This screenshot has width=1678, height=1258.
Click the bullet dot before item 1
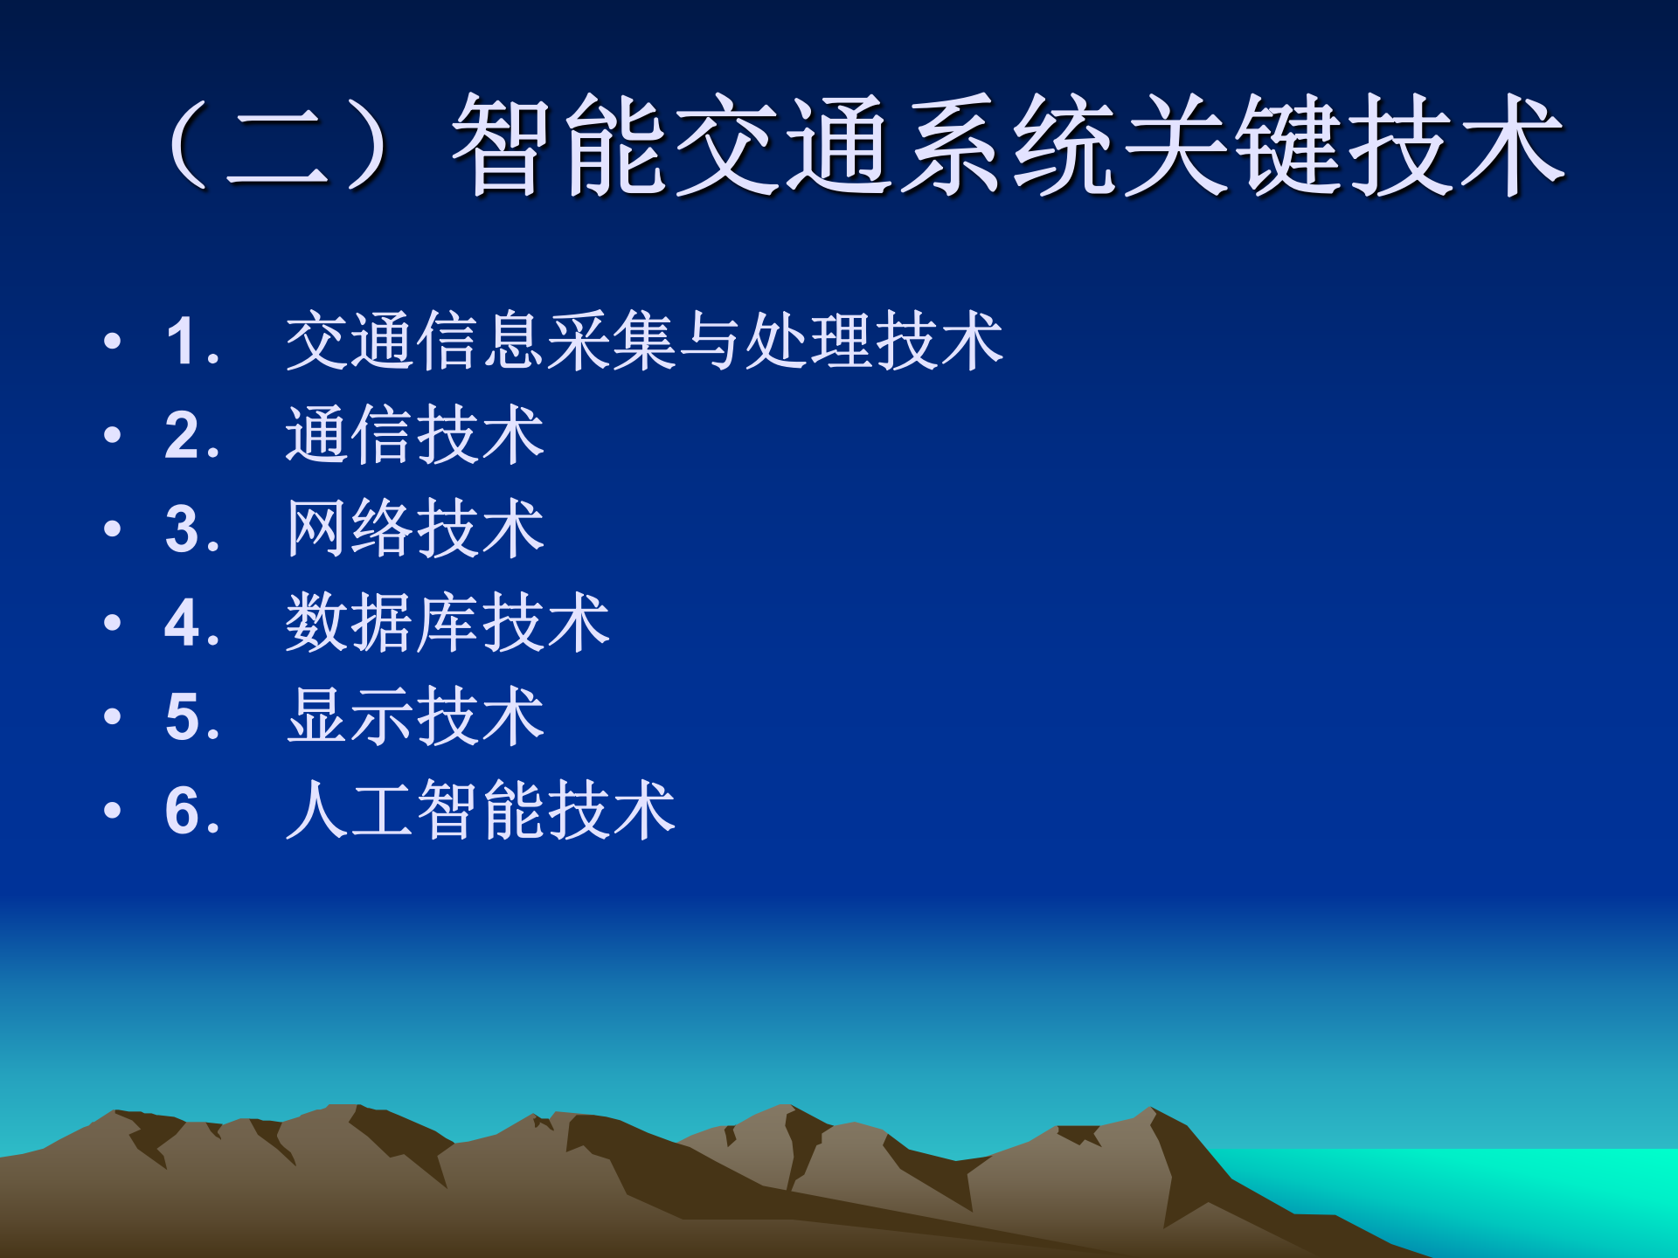coord(112,341)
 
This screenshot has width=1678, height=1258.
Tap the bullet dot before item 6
coord(112,811)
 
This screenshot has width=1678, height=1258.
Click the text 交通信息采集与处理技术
coord(644,341)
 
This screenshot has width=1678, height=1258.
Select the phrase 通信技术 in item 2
coord(415,435)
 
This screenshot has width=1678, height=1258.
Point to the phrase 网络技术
coord(415,529)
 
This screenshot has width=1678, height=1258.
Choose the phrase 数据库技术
coord(447,623)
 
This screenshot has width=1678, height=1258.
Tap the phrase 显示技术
coord(415,717)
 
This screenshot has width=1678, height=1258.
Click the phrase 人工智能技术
coord(481,811)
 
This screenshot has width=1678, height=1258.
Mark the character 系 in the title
coord(951,145)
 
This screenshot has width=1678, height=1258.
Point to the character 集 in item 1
coord(644,341)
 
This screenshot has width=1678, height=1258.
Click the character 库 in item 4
coord(447,623)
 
